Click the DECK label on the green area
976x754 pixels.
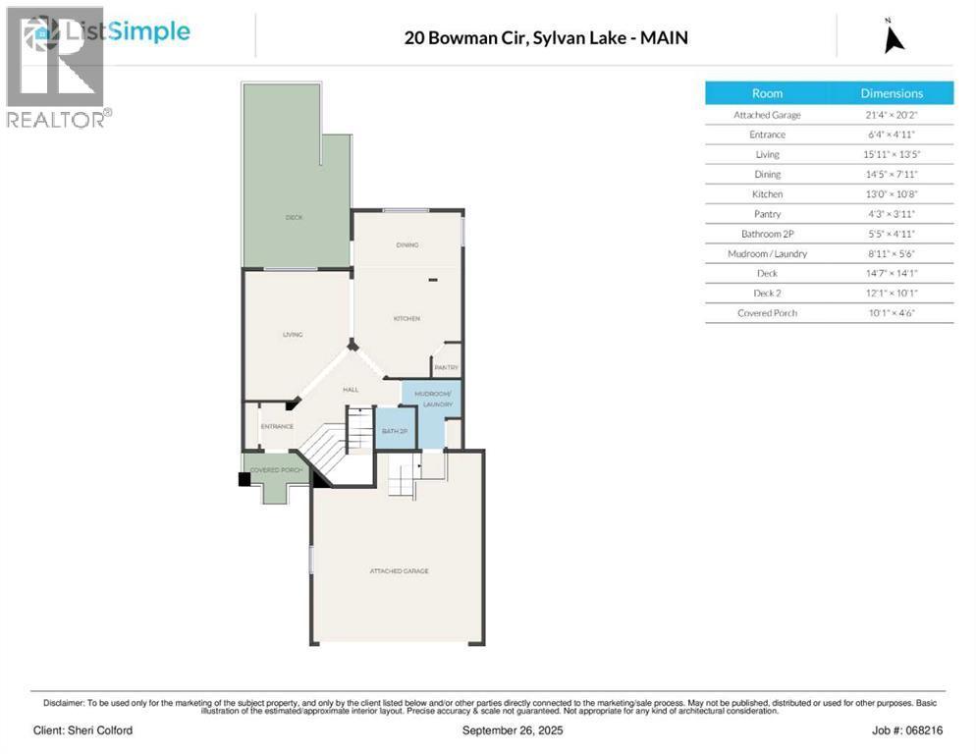tap(294, 217)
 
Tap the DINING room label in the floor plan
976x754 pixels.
tap(407, 245)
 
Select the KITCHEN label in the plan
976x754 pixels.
tap(407, 319)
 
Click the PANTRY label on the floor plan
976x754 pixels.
tap(447, 368)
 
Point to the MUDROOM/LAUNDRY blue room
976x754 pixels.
tap(431, 400)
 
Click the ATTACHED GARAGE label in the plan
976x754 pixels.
tap(399, 570)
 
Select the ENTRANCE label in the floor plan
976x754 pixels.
tap(277, 426)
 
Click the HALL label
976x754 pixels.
tap(350, 390)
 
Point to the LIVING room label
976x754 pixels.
tap(293, 335)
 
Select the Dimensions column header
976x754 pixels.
tap(892, 93)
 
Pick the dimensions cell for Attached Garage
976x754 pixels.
tap(892, 115)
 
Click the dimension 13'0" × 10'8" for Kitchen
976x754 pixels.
tap(892, 194)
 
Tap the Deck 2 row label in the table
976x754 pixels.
tap(767, 293)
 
